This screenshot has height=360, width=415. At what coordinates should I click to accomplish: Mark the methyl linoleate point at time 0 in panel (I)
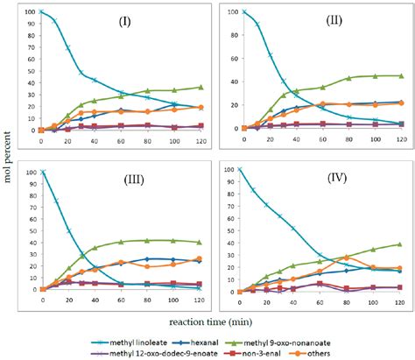coord(41,12)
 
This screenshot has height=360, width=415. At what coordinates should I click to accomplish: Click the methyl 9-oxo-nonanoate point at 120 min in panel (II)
coord(401,75)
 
